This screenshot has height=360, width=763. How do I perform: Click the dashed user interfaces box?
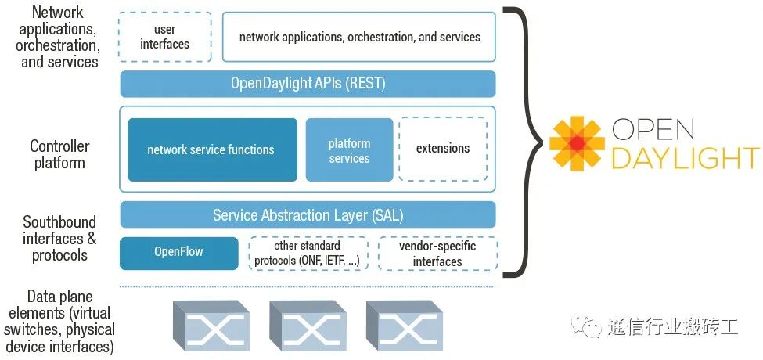coord(165,37)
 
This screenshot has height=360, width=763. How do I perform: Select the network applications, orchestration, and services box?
coord(359,37)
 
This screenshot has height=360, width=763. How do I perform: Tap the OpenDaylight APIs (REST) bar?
coord(308,84)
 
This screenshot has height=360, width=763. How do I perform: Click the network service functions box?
coord(212,149)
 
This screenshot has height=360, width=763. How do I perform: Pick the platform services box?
coord(349,149)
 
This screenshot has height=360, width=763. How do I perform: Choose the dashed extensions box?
coord(443,149)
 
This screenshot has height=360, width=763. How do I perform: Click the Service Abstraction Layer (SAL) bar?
coord(308,214)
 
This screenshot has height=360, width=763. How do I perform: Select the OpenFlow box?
coord(178,253)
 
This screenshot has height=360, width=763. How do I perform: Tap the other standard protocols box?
coord(308,253)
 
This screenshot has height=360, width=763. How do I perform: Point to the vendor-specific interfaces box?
coord(437,253)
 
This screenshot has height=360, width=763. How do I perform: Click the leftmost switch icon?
coord(211,325)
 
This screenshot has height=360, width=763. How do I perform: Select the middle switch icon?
coord(308,325)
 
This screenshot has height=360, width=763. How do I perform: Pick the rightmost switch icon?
coord(405,325)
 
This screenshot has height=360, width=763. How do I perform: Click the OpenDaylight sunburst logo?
coord(577,143)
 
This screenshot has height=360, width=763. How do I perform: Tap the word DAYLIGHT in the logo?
coord(686,158)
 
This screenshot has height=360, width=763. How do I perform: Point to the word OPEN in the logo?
coord(653,129)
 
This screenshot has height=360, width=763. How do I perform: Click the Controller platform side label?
coord(59,154)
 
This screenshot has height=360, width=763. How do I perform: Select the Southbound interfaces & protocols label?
coord(59,239)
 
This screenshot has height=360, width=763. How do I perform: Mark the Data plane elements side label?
coord(59,322)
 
